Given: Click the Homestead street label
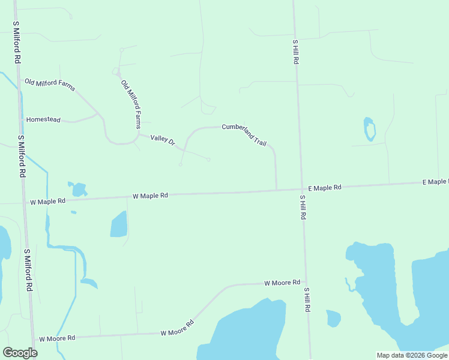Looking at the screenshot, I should tap(43, 120).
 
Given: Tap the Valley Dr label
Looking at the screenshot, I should tap(162, 140).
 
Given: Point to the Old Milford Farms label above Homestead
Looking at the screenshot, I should tap(50, 84).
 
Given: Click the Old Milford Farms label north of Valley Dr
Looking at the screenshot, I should tap(131, 104).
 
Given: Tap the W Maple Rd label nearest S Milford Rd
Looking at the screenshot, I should tap(47, 202).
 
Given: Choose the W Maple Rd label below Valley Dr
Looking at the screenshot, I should tap(150, 196).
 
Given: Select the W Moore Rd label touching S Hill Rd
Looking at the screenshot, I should tap(282, 283).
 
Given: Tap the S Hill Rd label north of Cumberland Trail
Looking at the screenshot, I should tap(296, 52).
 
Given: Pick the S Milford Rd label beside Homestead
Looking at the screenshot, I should tap(22, 156).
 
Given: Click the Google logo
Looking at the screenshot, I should tap(20, 353).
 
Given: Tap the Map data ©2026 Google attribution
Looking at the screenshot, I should tap(412, 355).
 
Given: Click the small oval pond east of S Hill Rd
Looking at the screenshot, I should tap(370, 129).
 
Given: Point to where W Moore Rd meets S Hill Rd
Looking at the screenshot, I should tap(305, 281).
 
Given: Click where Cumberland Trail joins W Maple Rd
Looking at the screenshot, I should tap(277, 190).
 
